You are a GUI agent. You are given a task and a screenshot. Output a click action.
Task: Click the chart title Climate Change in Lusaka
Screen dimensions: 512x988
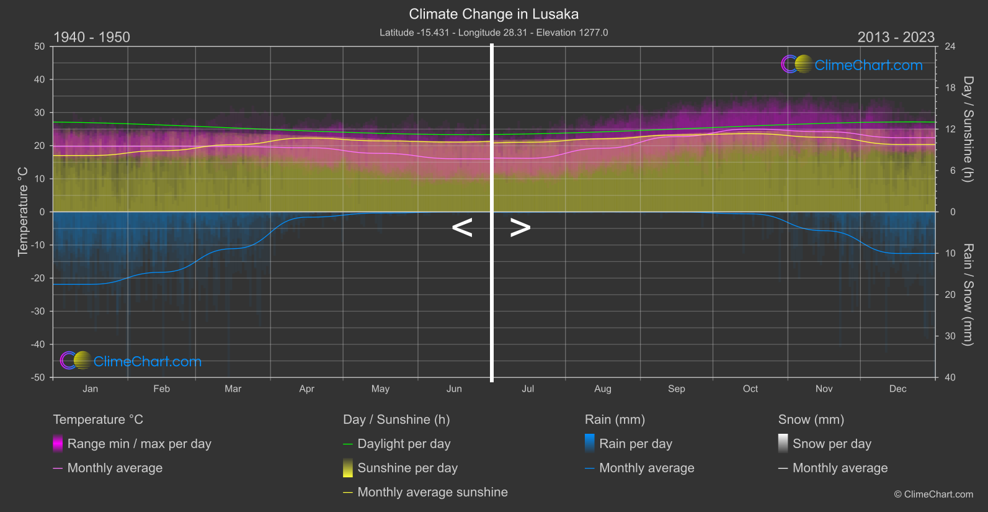coord(494,14)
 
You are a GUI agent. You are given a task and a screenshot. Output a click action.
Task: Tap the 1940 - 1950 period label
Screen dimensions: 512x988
coord(92,37)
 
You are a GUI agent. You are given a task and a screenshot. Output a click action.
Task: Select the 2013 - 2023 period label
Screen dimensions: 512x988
coord(896,37)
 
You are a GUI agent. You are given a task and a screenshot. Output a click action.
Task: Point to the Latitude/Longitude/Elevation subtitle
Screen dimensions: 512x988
coord(494,33)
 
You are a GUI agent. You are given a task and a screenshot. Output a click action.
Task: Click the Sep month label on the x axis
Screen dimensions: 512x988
coord(676,389)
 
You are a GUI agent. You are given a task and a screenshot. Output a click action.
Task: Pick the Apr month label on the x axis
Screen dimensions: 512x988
coord(306,389)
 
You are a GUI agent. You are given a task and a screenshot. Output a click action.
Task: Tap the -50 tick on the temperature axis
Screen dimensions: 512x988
coord(38,377)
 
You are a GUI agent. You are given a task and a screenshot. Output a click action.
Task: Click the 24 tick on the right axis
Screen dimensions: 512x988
coord(950,47)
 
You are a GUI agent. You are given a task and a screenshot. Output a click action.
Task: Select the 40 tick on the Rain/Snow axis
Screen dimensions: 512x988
coord(950,377)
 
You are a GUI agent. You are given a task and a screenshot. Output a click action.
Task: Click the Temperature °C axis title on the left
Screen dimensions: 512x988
coord(23,211)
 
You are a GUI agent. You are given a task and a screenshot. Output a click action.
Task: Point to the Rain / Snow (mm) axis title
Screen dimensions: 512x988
coord(968,294)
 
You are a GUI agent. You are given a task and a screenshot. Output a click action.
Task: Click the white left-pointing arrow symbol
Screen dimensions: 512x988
coord(462,228)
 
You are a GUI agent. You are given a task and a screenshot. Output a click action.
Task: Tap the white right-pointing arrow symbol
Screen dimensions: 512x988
coord(520,228)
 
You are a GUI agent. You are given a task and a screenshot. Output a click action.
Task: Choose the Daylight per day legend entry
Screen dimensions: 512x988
coord(404,444)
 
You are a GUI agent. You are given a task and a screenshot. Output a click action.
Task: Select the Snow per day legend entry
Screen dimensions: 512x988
coord(832,444)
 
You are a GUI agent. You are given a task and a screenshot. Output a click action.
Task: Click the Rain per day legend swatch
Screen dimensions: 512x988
coord(590,443)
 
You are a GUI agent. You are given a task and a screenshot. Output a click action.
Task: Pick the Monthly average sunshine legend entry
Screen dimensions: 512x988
coord(432,492)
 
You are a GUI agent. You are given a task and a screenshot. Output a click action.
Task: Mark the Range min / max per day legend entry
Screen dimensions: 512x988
coord(139,444)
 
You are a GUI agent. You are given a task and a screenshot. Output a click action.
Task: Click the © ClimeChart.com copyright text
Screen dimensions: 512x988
coord(933,495)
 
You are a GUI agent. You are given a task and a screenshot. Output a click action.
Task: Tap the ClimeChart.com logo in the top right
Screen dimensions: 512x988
coord(852,65)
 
